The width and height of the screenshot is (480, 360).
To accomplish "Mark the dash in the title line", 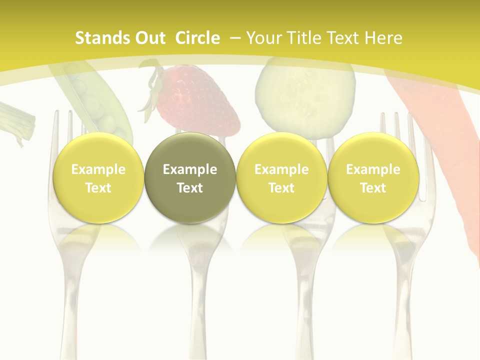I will (x=235, y=38).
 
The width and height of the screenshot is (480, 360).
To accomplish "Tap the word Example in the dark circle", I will (x=190, y=169).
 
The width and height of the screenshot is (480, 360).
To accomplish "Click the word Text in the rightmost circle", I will (x=373, y=188).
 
